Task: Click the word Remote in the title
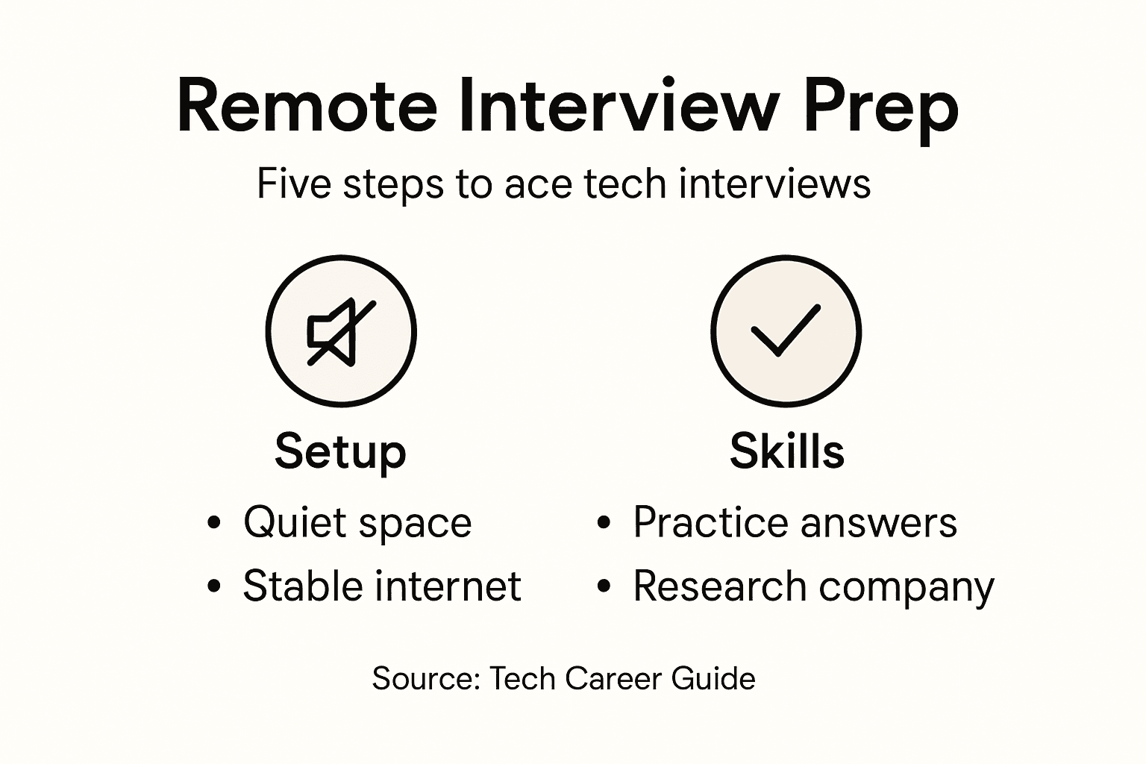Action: coord(307,106)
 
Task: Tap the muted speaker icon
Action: coord(341,332)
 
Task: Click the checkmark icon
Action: coord(785,331)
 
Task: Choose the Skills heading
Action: coord(786,451)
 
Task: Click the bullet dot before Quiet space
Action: coord(214,522)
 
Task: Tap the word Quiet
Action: coord(293,522)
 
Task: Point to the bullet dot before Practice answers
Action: coord(604,522)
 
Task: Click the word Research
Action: coord(721,586)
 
